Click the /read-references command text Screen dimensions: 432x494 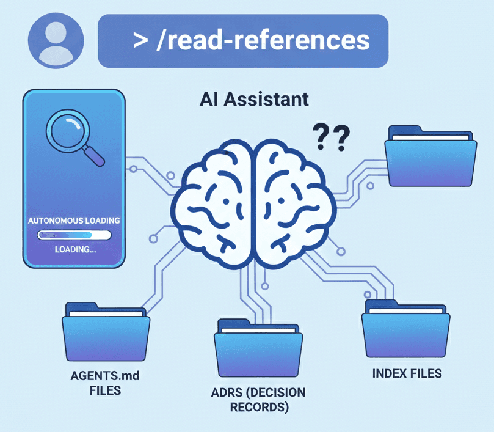(263, 40)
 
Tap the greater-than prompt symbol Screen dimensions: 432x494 (140, 41)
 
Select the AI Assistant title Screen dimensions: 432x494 (254, 99)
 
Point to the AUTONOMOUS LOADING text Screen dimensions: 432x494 (74, 220)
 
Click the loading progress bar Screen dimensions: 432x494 (74, 235)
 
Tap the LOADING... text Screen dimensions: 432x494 (74, 249)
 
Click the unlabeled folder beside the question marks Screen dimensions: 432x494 (430, 157)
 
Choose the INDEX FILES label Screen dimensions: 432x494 (407, 373)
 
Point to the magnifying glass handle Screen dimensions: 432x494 (92, 156)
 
